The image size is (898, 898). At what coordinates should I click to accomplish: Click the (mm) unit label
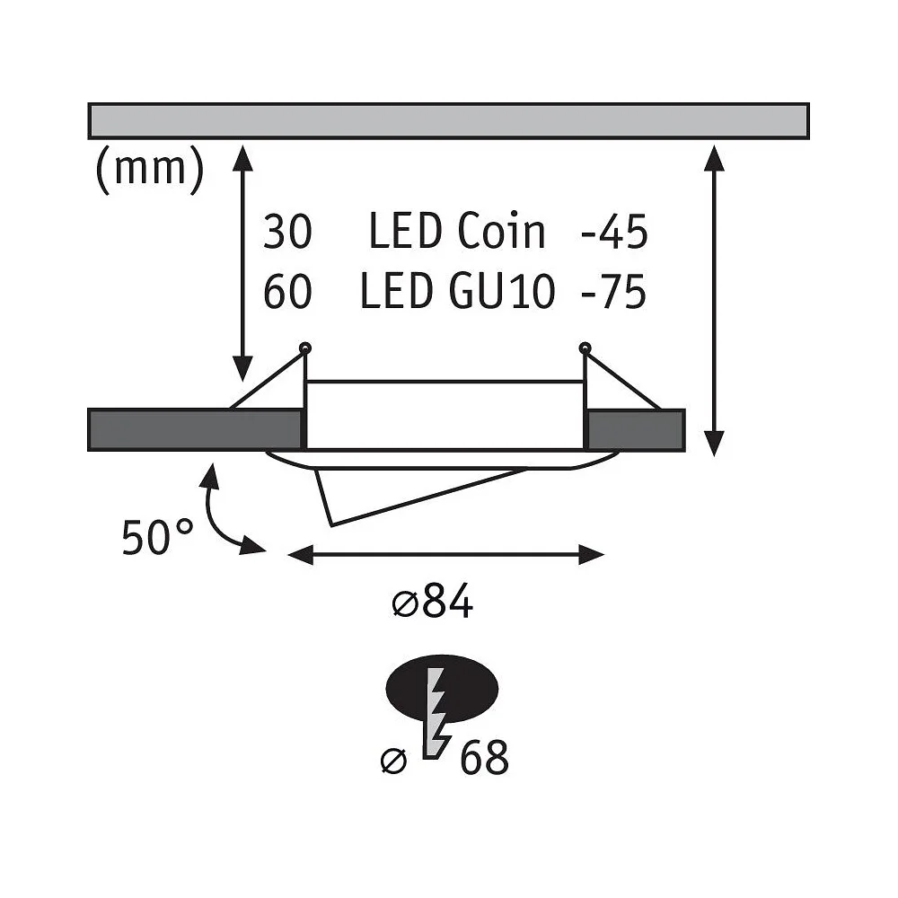149,169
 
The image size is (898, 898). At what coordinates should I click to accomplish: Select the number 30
287,232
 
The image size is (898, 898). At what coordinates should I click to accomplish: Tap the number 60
287,292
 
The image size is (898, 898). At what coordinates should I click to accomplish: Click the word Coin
501,232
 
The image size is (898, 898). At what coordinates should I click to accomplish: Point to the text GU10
502,292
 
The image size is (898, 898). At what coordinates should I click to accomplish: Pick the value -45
614,232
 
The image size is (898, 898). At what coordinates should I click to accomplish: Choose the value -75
614,292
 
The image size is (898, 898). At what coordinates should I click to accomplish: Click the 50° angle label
157,537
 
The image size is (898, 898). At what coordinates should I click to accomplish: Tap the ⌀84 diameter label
433,601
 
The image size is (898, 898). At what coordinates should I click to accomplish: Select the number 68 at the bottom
484,757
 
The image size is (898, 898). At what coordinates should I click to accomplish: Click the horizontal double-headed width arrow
445,554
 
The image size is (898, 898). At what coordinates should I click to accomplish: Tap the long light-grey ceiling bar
448,121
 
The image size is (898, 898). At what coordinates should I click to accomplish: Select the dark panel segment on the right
636,429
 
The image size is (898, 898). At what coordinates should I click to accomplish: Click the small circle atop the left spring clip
306,347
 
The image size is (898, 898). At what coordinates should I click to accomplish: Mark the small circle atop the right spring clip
585,347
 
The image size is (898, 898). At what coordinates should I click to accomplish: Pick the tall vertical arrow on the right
714,301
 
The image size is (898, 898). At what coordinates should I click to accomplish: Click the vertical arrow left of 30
243,263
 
